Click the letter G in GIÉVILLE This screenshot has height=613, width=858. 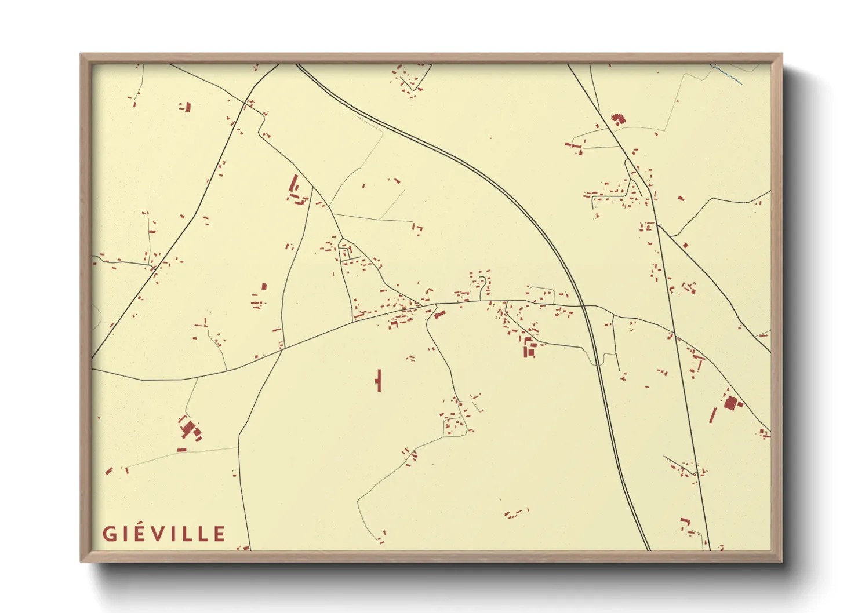[x=109, y=534]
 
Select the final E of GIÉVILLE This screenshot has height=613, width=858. [x=219, y=534]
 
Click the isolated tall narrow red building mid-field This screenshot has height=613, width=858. [x=379, y=380]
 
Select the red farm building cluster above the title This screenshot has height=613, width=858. [x=190, y=429]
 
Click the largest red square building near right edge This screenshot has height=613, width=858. [x=730, y=403]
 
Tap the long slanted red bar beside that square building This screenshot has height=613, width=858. [x=713, y=415]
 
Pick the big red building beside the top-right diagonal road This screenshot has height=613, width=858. [x=618, y=119]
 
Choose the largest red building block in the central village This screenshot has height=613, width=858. [x=529, y=349]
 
